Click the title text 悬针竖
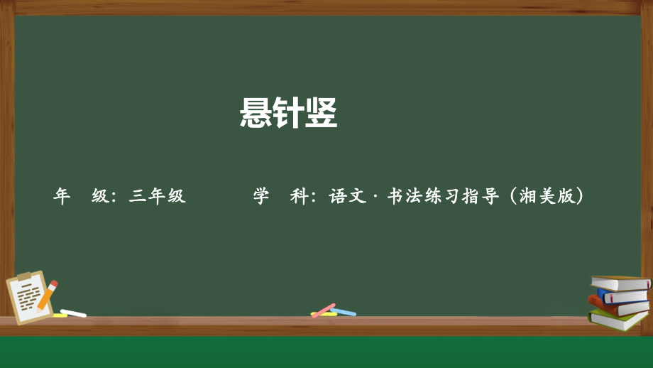pos(288,112)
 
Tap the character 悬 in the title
pos(256,112)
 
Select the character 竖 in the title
pos(321,112)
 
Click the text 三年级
pos(157,196)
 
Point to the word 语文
pos(348,196)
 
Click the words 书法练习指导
pos(443,196)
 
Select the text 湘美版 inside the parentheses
pos(547,196)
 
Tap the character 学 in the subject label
pos(261,196)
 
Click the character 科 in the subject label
pos(299,196)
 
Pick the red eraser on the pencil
pos(53,284)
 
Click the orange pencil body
pos(46,297)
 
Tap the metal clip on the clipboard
pos(24,276)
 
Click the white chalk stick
pos(73,313)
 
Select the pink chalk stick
pos(324,310)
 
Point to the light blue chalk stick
pos(344,312)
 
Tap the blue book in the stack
pos(623,296)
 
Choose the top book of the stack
pos(620,283)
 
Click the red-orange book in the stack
pos(618,307)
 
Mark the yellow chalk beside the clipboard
pos(60,315)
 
